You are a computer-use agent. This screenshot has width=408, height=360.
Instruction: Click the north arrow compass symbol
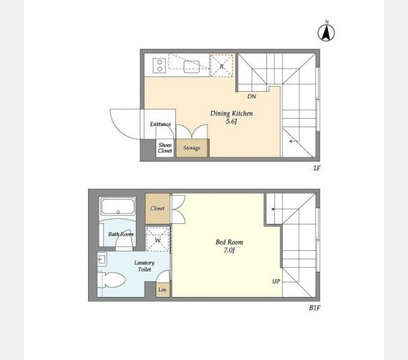326,32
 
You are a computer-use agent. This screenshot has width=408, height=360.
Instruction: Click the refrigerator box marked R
221,65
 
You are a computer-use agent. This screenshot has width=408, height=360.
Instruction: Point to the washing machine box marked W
158,239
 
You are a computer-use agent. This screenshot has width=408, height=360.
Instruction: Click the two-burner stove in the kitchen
159,65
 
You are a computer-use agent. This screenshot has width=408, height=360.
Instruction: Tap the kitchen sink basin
191,67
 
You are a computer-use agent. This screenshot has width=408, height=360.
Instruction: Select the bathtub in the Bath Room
118,207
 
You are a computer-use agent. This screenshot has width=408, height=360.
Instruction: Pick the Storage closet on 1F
192,148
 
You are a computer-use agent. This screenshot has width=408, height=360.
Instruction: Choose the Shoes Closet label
165,148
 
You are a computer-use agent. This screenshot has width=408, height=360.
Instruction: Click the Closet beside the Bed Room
157,208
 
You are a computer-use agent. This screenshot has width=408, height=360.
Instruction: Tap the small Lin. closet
163,290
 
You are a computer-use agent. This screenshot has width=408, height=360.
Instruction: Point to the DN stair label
251,97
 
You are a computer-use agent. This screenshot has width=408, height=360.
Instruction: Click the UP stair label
276,281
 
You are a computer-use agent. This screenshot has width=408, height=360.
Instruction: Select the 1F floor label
316,168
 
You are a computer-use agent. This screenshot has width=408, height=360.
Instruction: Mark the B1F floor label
314,308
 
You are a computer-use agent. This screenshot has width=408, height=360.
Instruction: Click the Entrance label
160,124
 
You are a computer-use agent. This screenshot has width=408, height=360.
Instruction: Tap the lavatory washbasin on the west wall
102,259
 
